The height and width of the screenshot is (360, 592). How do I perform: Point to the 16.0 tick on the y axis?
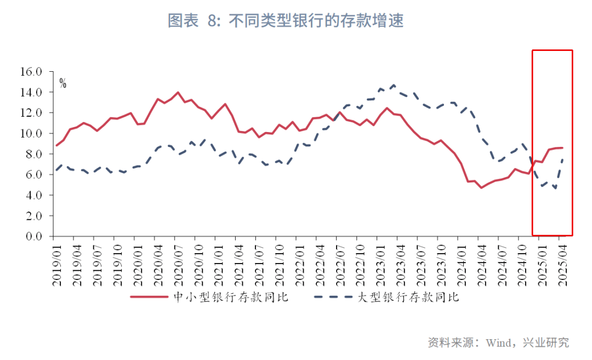pos(31,72)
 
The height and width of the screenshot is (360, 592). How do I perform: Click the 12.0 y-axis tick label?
pos(31,113)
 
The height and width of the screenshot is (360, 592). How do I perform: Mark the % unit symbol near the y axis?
pos(63,84)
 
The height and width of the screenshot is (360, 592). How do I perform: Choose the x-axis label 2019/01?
pos(57,263)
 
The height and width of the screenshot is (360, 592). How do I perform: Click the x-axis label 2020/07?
pos(178,263)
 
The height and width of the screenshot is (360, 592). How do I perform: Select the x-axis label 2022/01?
pos(299,263)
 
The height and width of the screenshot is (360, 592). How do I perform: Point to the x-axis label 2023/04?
pos(400,263)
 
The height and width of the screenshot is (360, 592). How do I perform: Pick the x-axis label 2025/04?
pos(561,263)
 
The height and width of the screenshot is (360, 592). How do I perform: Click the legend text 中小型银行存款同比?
pos(230,298)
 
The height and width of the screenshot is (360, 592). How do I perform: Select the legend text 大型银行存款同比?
pos(408,298)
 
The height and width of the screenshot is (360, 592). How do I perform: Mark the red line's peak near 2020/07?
pos(178,93)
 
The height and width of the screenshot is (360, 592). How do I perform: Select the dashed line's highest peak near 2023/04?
pos(394,85)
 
